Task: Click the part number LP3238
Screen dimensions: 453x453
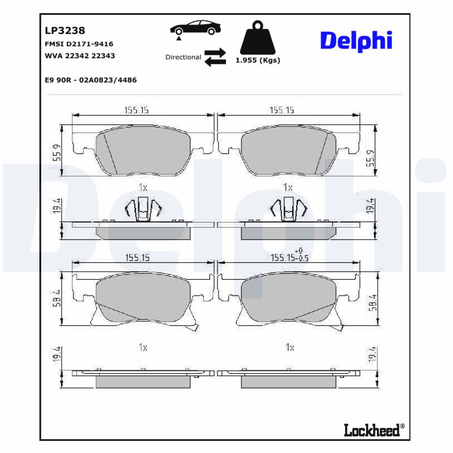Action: click(x=65, y=31)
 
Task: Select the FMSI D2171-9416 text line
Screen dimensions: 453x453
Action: click(x=79, y=44)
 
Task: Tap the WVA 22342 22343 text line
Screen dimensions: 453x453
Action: click(x=79, y=55)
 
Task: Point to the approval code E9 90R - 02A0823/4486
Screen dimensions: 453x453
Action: click(x=90, y=80)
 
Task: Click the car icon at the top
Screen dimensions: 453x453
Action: click(x=194, y=29)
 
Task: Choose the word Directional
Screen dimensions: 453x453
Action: click(x=183, y=57)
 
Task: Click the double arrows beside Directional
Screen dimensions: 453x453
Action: click(x=215, y=57)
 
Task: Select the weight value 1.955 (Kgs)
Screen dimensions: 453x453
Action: click(x=258, y=61)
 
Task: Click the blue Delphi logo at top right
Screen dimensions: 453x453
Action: click(x=356, y=41)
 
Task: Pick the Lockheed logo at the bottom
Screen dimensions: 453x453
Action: click(x=374, y=430)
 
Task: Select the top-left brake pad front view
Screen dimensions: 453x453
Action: click(x=143, y=152)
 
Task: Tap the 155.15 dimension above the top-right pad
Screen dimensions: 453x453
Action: click(x=281, y=110)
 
